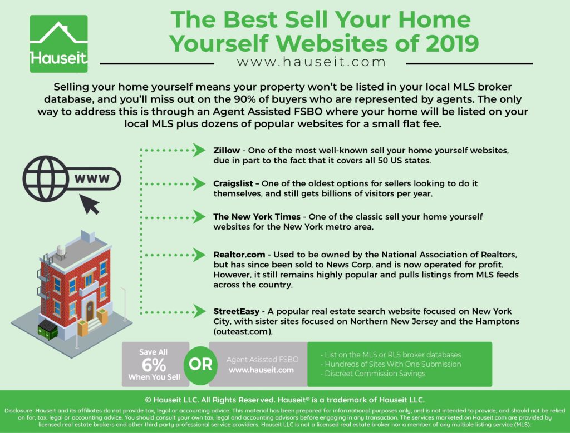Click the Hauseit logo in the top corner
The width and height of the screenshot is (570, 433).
point(58,44)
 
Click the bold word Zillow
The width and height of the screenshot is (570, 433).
point(227,150)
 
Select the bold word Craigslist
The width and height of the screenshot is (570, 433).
point(233,183)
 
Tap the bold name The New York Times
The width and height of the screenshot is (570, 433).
point(257,217)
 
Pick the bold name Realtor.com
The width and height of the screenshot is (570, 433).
point(239,255)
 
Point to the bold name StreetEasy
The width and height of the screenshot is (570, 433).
point(236,311)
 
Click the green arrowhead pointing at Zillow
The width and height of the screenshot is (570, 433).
point(199,150)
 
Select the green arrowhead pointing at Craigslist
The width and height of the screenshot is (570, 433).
point(199,183)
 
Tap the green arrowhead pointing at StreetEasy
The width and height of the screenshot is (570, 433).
point(199,311)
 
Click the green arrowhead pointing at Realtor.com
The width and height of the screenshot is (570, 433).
point(199,255)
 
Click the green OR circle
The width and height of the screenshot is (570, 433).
point(200,365)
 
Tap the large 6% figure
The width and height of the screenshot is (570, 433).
point(154,365)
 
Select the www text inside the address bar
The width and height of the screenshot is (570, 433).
point(92,178)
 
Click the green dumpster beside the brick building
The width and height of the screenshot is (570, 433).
point(48,330)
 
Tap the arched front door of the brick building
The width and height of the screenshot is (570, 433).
point(90,311)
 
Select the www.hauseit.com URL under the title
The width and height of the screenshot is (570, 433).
point(311,62)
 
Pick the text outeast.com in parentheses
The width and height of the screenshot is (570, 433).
point(243,332)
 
